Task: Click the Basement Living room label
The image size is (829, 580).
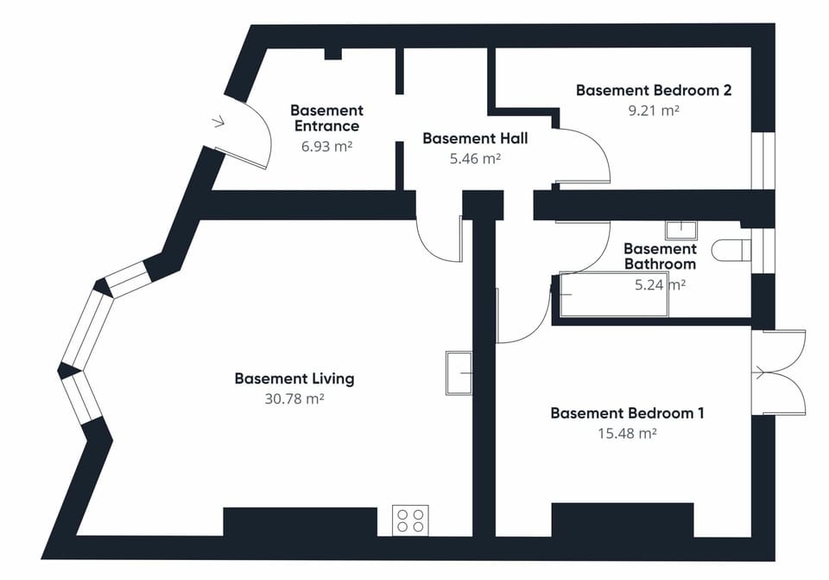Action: click(x=294, y=379)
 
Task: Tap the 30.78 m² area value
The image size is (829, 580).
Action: click(x=294, y=398)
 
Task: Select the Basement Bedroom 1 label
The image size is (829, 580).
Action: click(x=627, y=413)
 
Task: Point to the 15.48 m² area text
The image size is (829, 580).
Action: click(x=627, y=433)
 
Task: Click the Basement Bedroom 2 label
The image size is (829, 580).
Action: click(x=654, y=90)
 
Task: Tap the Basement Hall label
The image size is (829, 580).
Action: click(x=475, y=138)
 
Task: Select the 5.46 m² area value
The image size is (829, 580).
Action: click(x=475, y=158)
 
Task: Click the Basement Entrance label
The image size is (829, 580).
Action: click(x=326, y=118)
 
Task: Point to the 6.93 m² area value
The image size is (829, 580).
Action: click(x=326, y=146)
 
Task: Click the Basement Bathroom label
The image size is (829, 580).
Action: click(x=660, y=257)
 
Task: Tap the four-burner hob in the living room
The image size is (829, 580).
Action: click(x=410, y=520)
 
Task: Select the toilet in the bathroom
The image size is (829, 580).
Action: click(x=731, y=251)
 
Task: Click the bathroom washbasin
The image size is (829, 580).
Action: click(x=680, y=229)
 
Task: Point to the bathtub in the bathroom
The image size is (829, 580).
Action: click(x=613, y=295)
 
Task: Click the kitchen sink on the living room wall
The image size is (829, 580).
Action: click(x=459, y=373)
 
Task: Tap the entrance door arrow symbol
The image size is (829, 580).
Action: click(x=218, y=122)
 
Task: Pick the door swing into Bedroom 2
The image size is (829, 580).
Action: click(x=583, y=157)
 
